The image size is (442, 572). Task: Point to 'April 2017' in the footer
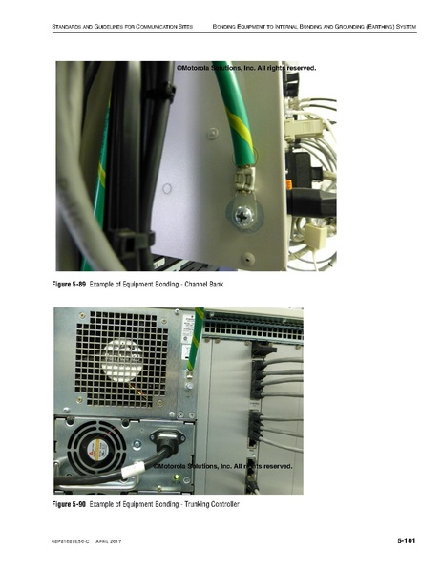(x=112, y=542)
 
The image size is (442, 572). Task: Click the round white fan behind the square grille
(x=121, y=360)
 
